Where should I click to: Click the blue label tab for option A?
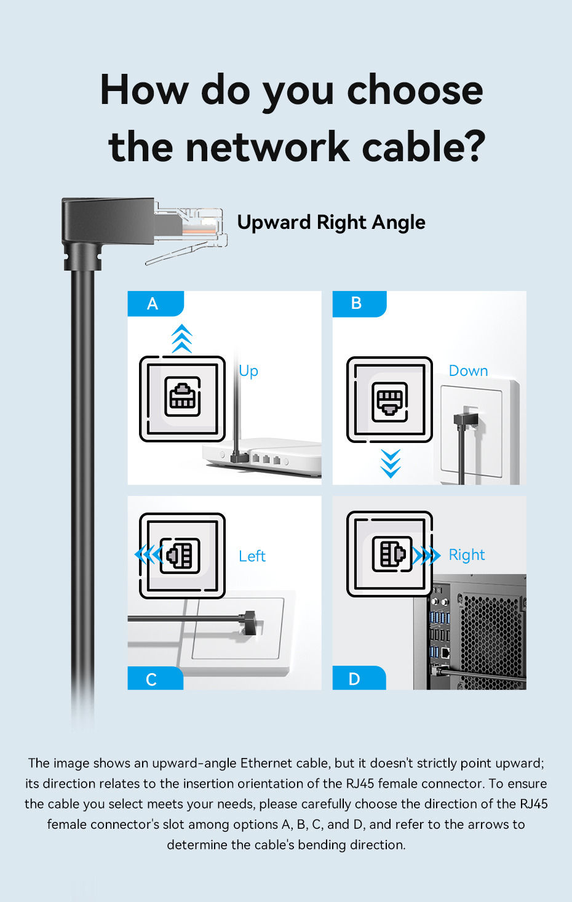[156, 303]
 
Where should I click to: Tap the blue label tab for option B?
[359, 303]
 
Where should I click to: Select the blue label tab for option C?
[156, 678]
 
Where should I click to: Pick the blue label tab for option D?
[359, 677]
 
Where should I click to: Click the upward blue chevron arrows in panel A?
[182, 338]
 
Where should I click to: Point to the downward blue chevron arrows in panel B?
[391, 463]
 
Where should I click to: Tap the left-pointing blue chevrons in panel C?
[148, 554]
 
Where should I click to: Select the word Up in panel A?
[248, 371]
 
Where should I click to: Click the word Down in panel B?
[468, 371]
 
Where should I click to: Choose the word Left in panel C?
[252, 556]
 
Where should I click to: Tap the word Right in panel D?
[467, 555]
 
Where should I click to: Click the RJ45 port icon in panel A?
[182, 396]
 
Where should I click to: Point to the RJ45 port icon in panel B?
[390, 402]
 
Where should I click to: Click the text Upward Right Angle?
[331, 223]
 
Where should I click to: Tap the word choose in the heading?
[415, 90]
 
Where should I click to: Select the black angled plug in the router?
[240, 457]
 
